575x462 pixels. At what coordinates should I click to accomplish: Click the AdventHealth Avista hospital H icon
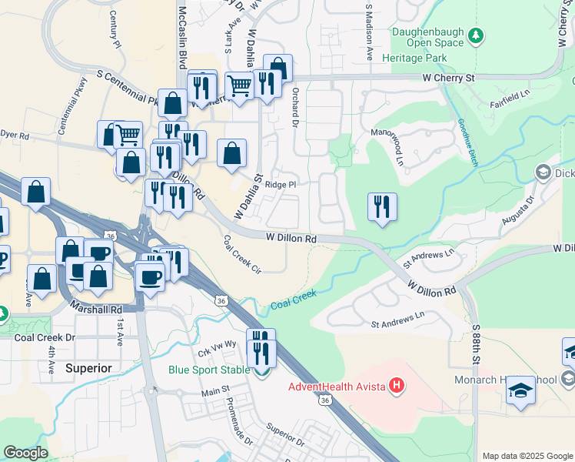coord(397,385)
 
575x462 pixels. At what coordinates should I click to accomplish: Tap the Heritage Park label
coord(420,58)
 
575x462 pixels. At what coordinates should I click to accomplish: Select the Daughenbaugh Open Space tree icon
coord(477,35)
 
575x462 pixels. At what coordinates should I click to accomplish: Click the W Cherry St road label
coord(449,79)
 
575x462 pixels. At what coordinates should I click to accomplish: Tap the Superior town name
coord(88,368)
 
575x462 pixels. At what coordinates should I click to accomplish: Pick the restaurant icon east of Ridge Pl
coord(382,207)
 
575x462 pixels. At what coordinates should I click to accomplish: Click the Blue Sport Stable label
coord(209,370)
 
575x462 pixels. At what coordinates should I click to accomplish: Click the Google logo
coord(25,453)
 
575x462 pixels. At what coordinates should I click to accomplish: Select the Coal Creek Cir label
coord(243,255)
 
